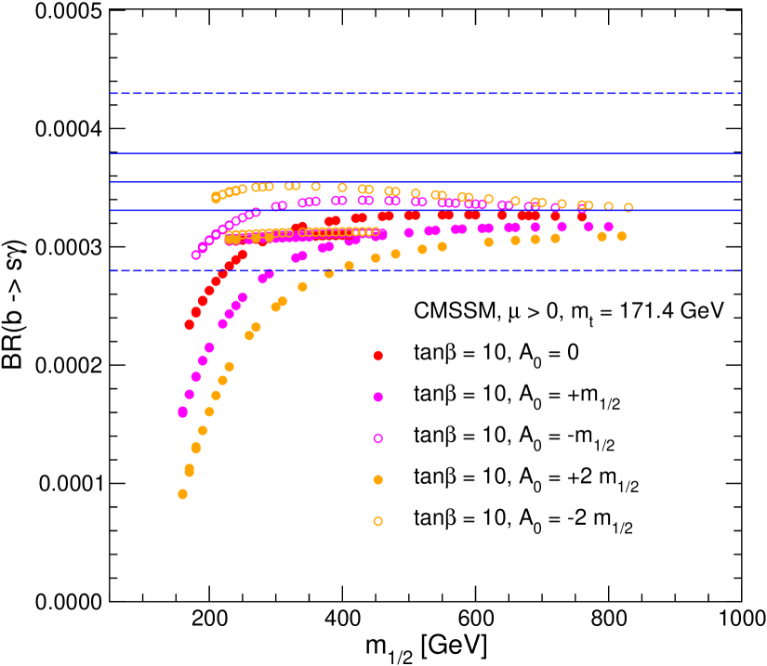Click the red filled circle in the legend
377,356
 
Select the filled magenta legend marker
377,397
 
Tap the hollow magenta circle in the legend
377,438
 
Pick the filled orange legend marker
377,479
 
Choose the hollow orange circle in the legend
377,521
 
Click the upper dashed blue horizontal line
425,93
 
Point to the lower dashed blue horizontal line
425,271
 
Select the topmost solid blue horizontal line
425,153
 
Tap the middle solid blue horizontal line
425,182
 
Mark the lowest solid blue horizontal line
425,210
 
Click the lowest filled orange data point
182,494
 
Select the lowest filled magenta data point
182,411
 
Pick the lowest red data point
189,324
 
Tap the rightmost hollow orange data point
628,207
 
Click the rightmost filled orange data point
621,236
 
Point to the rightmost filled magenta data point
608,227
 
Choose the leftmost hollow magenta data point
195,255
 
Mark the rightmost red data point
582,216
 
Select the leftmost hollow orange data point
216,197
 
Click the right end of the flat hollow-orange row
376,232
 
